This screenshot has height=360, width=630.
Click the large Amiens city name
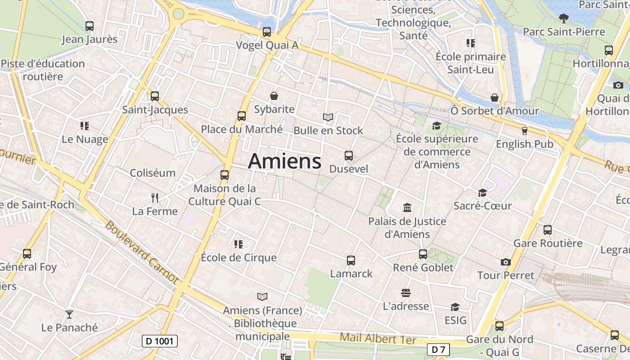point(284,161)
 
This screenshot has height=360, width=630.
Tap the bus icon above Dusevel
point(349,156)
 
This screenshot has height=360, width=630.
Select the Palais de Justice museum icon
point(407,208)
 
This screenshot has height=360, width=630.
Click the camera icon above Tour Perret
point(506,262)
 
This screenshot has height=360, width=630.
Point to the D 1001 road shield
point(160,341)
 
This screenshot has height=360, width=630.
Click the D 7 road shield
point(438,349)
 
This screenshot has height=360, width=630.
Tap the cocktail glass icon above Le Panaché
point(69,314)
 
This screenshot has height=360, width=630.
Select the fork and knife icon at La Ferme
point(155,198)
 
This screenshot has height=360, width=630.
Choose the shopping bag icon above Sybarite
point(274,96)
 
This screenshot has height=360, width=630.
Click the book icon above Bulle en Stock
point(328,117)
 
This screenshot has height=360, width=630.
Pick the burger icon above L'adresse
point(405,293)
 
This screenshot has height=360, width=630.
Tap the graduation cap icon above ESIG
point(455,307)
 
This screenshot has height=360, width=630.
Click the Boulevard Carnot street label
point(142,252)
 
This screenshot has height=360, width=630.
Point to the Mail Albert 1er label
point(378,338)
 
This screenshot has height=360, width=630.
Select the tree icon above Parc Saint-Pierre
point(563,18)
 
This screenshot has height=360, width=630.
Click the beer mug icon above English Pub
point(524,131)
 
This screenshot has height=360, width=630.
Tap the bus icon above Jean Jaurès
point(90,26)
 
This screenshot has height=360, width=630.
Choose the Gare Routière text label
point(548,243)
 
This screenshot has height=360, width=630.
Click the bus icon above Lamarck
point(351,260)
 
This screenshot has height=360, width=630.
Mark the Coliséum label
point(153,173)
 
